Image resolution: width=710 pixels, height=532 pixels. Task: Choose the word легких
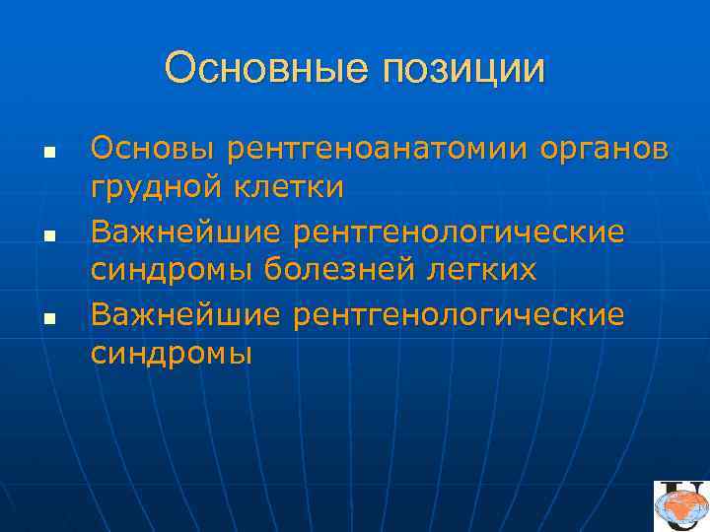[484, 268]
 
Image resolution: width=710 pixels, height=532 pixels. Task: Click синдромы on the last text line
[171, 353]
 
